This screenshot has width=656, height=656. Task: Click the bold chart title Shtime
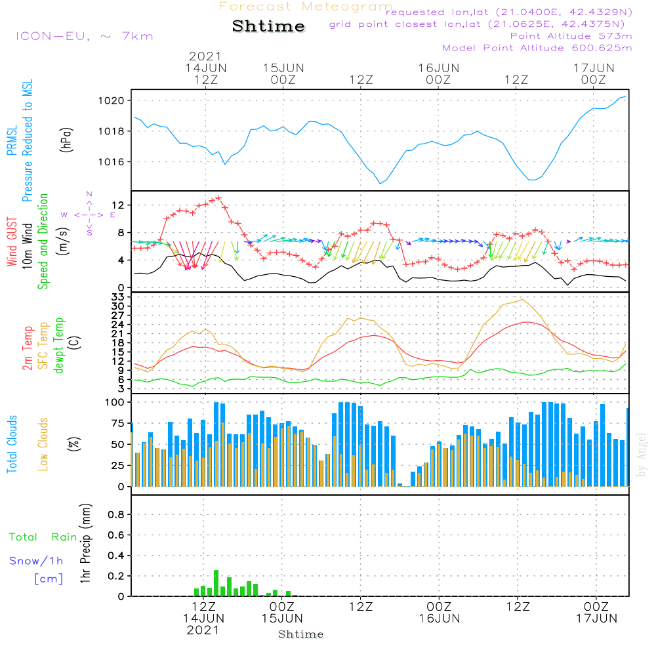(x=268, y=26)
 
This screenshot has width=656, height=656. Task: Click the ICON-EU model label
(x=84, y=36)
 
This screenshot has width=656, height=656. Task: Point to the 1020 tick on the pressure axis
(x=113, y=100)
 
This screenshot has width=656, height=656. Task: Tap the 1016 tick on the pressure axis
(x=113, y=162)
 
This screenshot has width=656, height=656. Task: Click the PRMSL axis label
(x=11, y=141)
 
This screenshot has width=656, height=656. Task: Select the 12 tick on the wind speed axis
(x=118, y=206)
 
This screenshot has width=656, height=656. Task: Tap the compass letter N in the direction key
(x=89, y=194)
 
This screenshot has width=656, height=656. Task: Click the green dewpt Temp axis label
(x=60, y=346)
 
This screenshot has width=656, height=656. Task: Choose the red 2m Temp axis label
(x=28, y=346)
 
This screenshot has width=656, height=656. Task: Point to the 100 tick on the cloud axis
(x=115, y=402)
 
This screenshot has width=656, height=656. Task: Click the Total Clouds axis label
(x=12, y=444)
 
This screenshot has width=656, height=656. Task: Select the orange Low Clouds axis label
(x=43, y=444)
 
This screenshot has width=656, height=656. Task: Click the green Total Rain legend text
(x=43, y=537)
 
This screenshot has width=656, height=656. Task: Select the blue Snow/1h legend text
(x=36, y=562)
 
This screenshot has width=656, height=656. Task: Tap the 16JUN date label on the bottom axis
(x=439, y=618)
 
